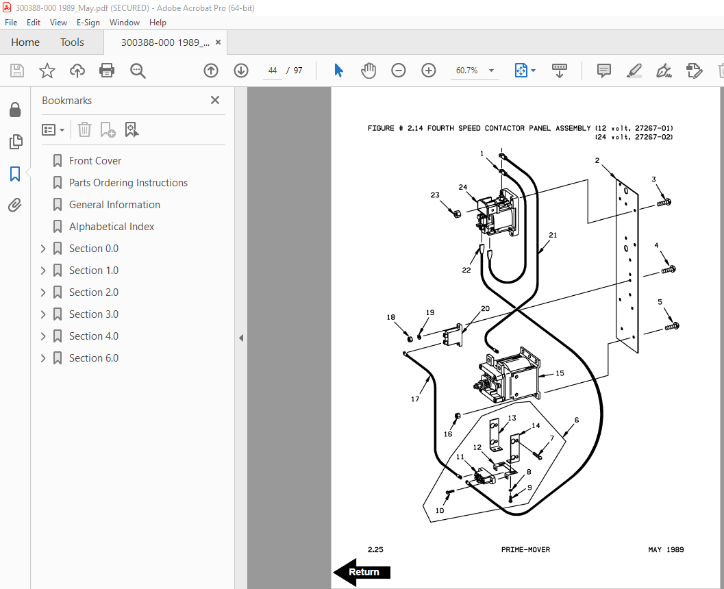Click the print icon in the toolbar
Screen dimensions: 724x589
click(107, 71)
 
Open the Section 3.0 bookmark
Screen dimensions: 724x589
click(94, 314)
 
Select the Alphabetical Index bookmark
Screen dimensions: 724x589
click(112, 226)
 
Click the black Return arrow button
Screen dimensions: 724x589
click(362, 572)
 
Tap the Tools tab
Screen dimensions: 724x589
click(72, 42)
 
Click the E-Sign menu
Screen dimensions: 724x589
click(88, 22)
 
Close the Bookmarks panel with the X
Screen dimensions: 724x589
click(214, 100)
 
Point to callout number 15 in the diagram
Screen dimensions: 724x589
click(560, 373)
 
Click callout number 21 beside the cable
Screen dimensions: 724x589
click(553, 235)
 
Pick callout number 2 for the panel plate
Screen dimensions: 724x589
click(597, 160)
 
